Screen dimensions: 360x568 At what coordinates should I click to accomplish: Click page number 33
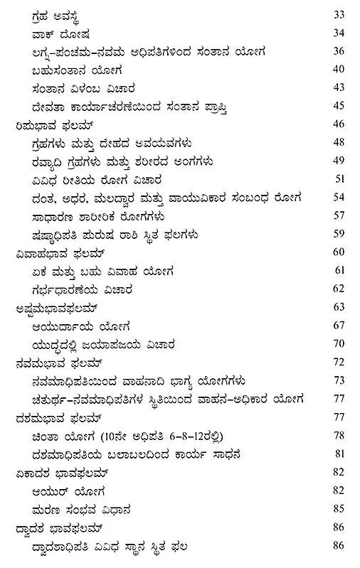point(339,14)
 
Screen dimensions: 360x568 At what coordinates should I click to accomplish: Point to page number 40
point(339,69)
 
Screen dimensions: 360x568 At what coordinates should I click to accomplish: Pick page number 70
point(339,345)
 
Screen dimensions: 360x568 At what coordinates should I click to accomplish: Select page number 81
point(339,454)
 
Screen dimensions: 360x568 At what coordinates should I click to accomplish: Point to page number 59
point(339,234)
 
